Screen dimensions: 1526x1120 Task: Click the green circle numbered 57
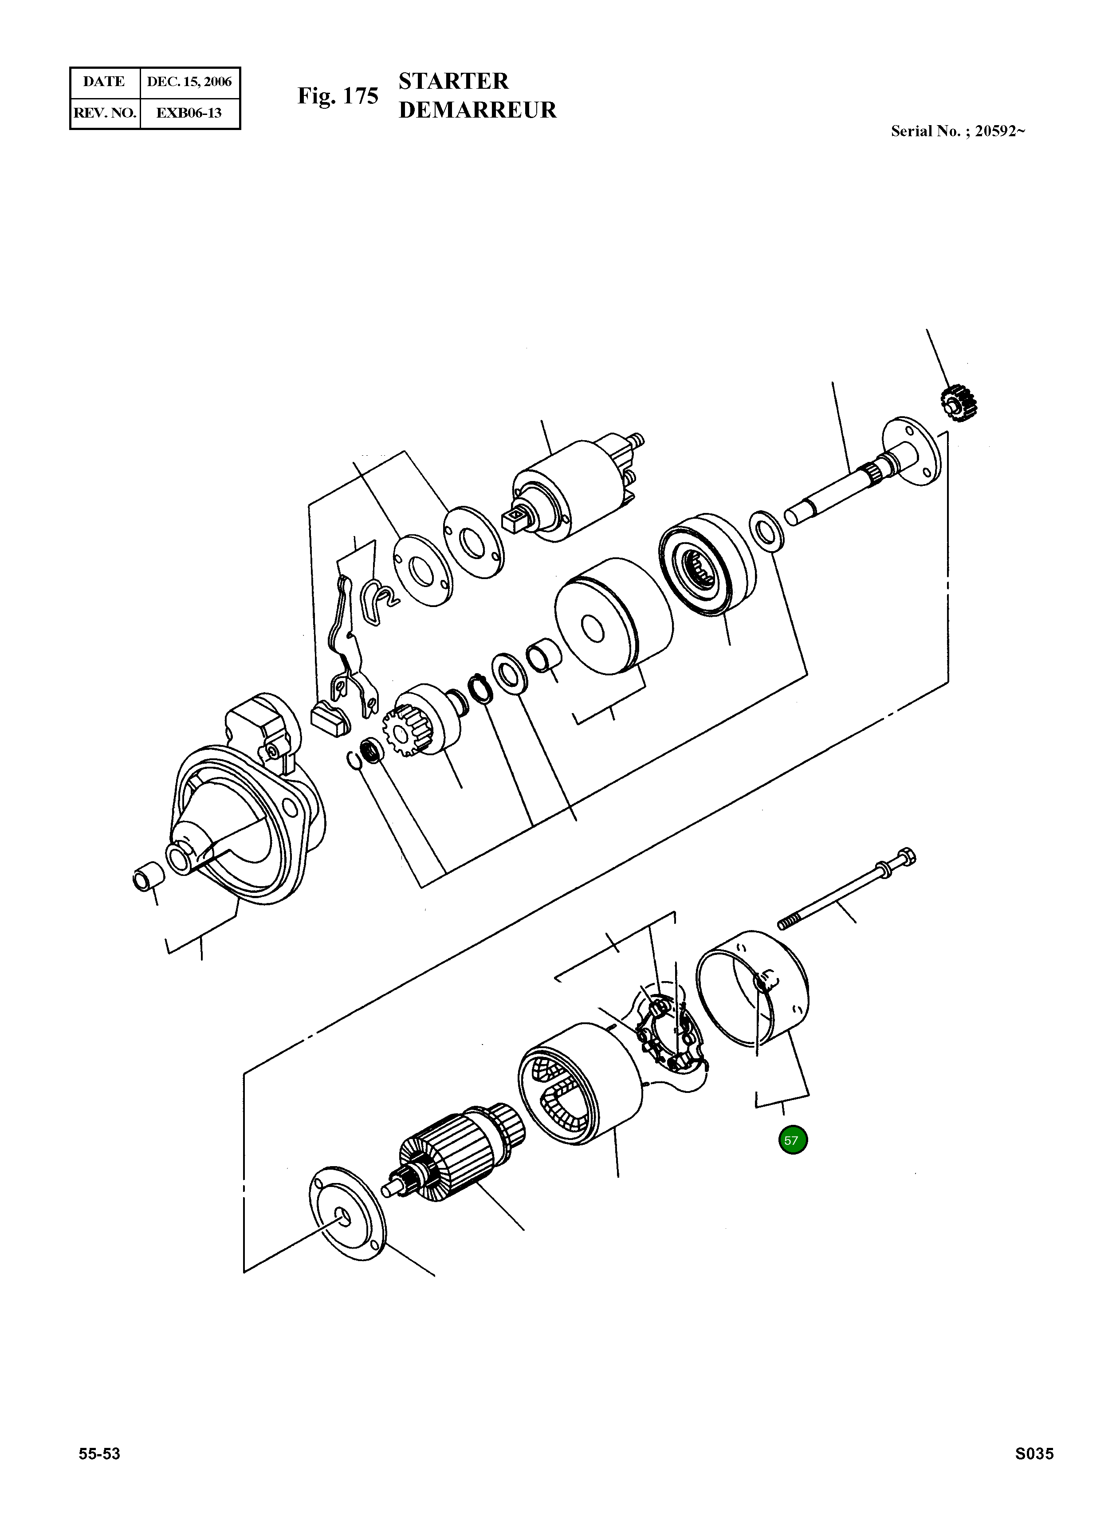[793, 1140]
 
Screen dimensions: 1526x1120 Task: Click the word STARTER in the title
[453, 81]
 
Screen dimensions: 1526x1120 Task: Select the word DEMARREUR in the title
[477, 110]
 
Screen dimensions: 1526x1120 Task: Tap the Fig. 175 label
[338, 96]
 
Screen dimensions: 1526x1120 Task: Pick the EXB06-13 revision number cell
[189, 113]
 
